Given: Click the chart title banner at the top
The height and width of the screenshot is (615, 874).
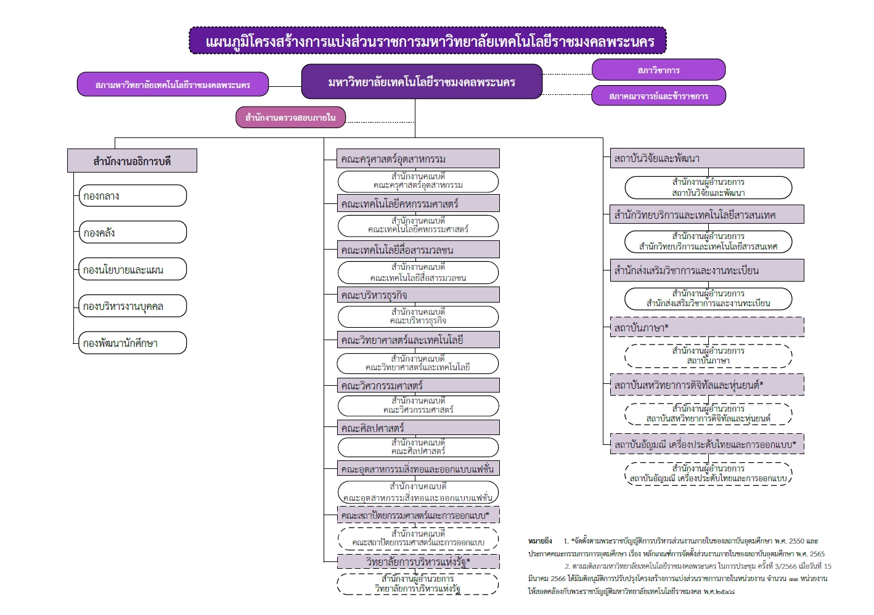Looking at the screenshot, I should click(x=428, y=41).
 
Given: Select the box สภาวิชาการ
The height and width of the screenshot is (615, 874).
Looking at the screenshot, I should click(x=658, y=70).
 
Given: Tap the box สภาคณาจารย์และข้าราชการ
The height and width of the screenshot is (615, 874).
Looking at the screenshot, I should click(x=658, y=96).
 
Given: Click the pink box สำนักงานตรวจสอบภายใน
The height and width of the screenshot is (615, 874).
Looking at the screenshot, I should click(x=290, y=117).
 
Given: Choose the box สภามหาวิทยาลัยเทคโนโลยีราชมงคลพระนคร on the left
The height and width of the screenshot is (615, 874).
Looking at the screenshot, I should click(x=173, y=84).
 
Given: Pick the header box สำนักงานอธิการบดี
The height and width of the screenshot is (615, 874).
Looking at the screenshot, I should click(x=132, y=161).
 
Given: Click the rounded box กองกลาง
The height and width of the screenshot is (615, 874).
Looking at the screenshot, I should click(x=133, y=196).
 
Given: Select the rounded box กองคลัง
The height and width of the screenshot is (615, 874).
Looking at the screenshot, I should click(x=133, y=232).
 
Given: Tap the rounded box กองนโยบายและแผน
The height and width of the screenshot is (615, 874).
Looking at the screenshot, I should click(x=133, y=269).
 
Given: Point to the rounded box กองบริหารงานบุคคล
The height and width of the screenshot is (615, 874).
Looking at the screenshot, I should click(x=133, y=306).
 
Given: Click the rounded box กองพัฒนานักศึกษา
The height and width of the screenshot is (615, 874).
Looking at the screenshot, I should click(x=133, y=343).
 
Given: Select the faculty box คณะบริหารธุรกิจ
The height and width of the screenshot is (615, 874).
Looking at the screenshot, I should click(x=418, y=295).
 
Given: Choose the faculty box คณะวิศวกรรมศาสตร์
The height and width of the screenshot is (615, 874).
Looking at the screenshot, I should click(x=418, y=386).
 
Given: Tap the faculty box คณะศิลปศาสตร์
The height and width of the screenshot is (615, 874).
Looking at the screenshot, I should click(x=418, y=428).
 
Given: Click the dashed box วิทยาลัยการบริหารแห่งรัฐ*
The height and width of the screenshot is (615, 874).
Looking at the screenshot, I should click(x=418, y=561).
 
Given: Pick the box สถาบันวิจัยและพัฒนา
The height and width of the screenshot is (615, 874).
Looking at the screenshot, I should click(x=706, y=158).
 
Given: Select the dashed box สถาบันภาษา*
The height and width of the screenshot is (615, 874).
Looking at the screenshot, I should click(x=706, y=327).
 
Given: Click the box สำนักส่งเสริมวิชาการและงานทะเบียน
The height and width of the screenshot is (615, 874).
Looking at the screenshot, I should click(x=706, y=270).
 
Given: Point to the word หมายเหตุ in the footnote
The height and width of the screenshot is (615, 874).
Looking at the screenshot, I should click(x=540, y=541).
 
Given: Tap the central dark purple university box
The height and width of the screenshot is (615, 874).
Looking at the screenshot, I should click(x=422, y=82).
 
